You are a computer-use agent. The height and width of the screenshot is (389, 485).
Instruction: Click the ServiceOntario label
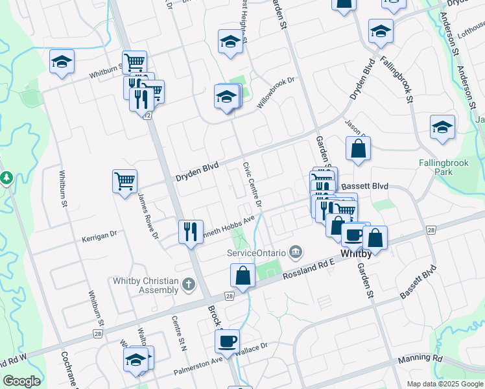pos(256,252)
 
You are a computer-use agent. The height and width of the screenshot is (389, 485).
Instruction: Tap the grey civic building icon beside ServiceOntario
pos(296,250)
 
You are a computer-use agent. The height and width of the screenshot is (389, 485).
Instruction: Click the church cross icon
pos(188,284)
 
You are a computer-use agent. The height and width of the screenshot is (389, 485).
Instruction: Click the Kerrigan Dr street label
pos(99,238)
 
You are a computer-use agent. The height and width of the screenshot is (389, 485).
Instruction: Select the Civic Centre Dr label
pos(252,185)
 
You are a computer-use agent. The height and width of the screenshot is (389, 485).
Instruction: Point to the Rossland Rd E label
pos(309,268)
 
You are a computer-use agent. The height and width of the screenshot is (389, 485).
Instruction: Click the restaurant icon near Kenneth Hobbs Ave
pos(190,231)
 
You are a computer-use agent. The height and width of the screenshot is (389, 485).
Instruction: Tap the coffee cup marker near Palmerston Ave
pos(227,340)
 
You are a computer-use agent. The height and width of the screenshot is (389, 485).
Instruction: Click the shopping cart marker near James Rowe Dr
pos(124,180)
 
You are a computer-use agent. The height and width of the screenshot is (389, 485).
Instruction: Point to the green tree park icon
pos(6,177)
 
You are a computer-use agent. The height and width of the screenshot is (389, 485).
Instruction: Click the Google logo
pos(21,381)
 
